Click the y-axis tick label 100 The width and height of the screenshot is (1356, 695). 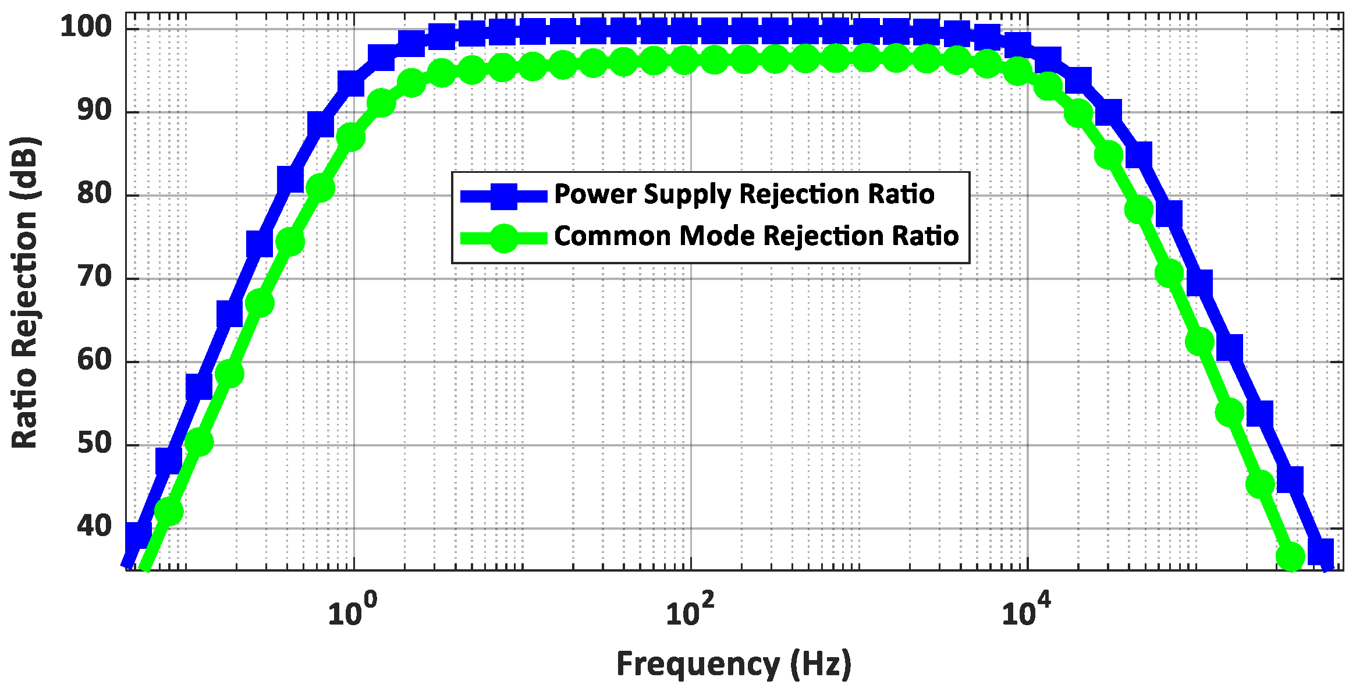[x=86, y=27]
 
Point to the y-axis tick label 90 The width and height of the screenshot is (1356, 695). [x=94, y=110]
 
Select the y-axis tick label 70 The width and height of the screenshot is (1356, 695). [x=94, y=276]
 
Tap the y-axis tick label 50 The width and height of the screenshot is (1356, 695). [x=94, y=443]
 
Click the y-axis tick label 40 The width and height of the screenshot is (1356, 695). [x=94, y=526]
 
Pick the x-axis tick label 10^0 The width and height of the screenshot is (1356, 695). [x=352, y=611]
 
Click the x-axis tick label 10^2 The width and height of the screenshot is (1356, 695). [x=689, y=611]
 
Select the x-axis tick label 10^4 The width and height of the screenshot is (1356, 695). [x=1025, y=611]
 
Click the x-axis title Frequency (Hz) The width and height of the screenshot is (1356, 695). [x=734, y=664]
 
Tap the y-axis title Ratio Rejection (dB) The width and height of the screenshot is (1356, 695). [x=24, y=292]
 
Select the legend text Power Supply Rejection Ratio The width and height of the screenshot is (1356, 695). [x=744, y=194]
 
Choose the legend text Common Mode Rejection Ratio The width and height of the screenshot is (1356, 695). [x=756, y=236]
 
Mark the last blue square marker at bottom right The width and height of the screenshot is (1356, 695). [x=1320, y=551]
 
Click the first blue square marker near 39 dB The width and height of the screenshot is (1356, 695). [x=139, y=534]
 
